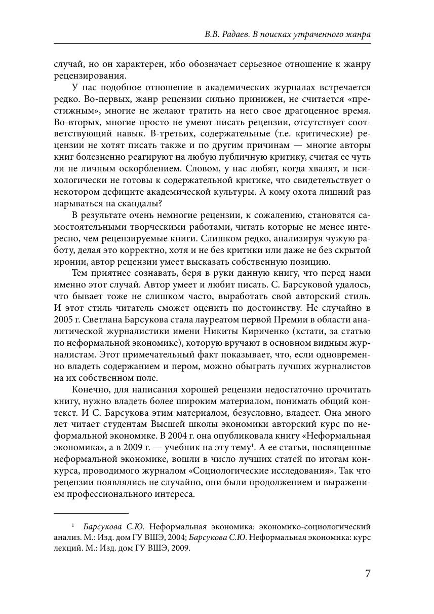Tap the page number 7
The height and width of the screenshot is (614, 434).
pos(368,573)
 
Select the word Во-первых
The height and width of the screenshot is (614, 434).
pos(102,99)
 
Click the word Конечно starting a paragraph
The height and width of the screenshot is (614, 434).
pos(91,389)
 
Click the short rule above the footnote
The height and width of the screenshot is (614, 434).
pos(91,513)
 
